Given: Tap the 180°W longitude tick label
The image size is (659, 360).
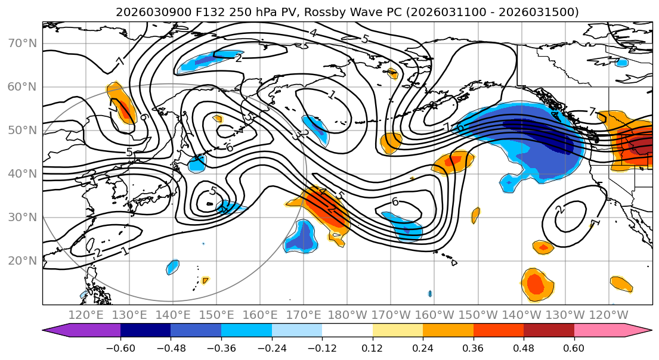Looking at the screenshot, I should click(x=346, y=315).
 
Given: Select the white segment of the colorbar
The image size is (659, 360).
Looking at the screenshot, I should click(x=347, y=330).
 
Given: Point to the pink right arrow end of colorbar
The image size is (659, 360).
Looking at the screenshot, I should click(x=638, y=330).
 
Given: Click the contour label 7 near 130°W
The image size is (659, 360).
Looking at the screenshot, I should click(x=592, y=111).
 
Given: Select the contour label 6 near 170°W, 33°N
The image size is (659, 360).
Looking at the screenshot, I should click(x=395, y=201).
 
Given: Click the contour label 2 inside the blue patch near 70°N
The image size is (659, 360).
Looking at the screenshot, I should click(x=239, y=58).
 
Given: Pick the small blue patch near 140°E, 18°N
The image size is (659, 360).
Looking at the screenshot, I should click(x=173, y=266).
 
